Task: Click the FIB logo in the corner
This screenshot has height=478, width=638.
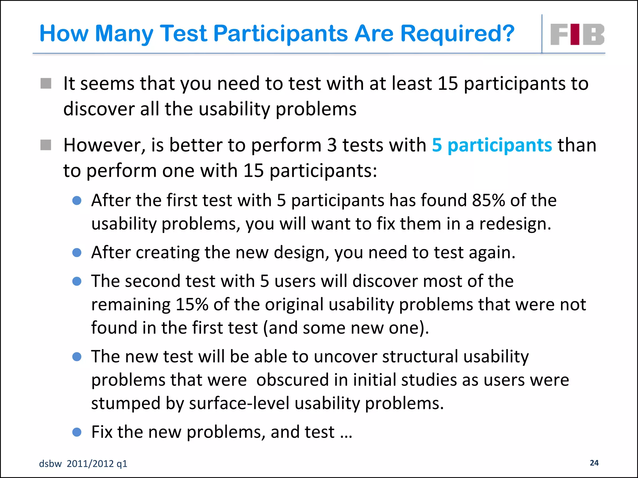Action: tap(577, 34)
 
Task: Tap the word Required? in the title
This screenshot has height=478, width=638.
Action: tap(457, 34)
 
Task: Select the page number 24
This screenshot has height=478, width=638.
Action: tap(594, 463)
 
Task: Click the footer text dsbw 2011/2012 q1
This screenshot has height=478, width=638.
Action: tap(83, 464)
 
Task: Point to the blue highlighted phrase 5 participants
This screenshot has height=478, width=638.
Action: tap(492, 145)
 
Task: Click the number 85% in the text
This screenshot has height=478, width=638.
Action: tap(488, 200)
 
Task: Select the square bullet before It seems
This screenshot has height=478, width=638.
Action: tap(46, 83)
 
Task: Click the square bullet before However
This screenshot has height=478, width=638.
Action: tap(46, 145)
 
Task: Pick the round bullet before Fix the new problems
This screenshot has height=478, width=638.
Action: tap(77, 432)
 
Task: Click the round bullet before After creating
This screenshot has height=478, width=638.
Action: tap(77, 252)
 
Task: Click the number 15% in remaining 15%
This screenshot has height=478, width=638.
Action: tap(192, 304)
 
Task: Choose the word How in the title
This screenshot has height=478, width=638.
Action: tap(64, 34)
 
